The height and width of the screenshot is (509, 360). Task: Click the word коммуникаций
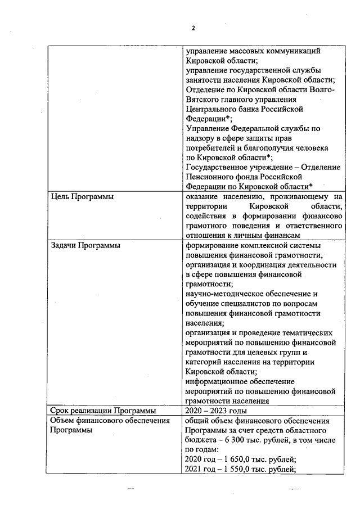click(x=293, y=51)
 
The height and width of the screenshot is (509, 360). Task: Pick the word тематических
click(x=305, y=332)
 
